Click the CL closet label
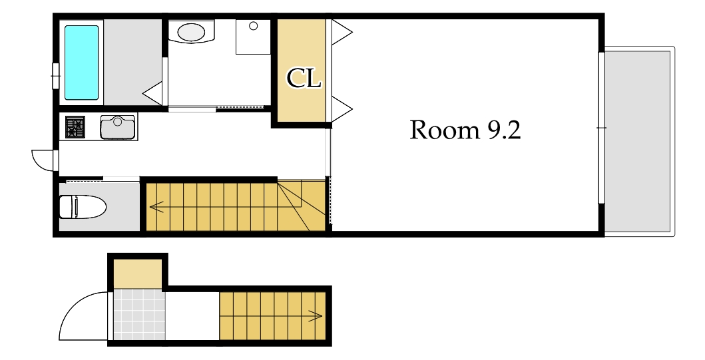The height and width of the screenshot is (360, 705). tap(304, 79)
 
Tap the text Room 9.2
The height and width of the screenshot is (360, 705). tap(465, 130)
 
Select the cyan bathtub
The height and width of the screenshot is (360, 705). tap(81, 63)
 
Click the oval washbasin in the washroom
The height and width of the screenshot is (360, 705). tap(191, 32)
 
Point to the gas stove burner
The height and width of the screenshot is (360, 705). tap(75, 126)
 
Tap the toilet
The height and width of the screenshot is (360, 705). tap(83, 207)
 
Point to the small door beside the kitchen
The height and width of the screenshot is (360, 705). tap(44, 160)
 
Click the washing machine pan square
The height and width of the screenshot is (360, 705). tap(253, 37)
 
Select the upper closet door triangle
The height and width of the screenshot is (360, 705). tap(342, 32)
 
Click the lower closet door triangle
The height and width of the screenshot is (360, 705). tap(342, 108)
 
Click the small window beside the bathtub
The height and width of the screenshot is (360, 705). tap(56, 77)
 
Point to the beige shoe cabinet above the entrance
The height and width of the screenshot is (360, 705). tap(137, 274)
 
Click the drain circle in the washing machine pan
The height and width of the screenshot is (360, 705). tap(253, 26)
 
